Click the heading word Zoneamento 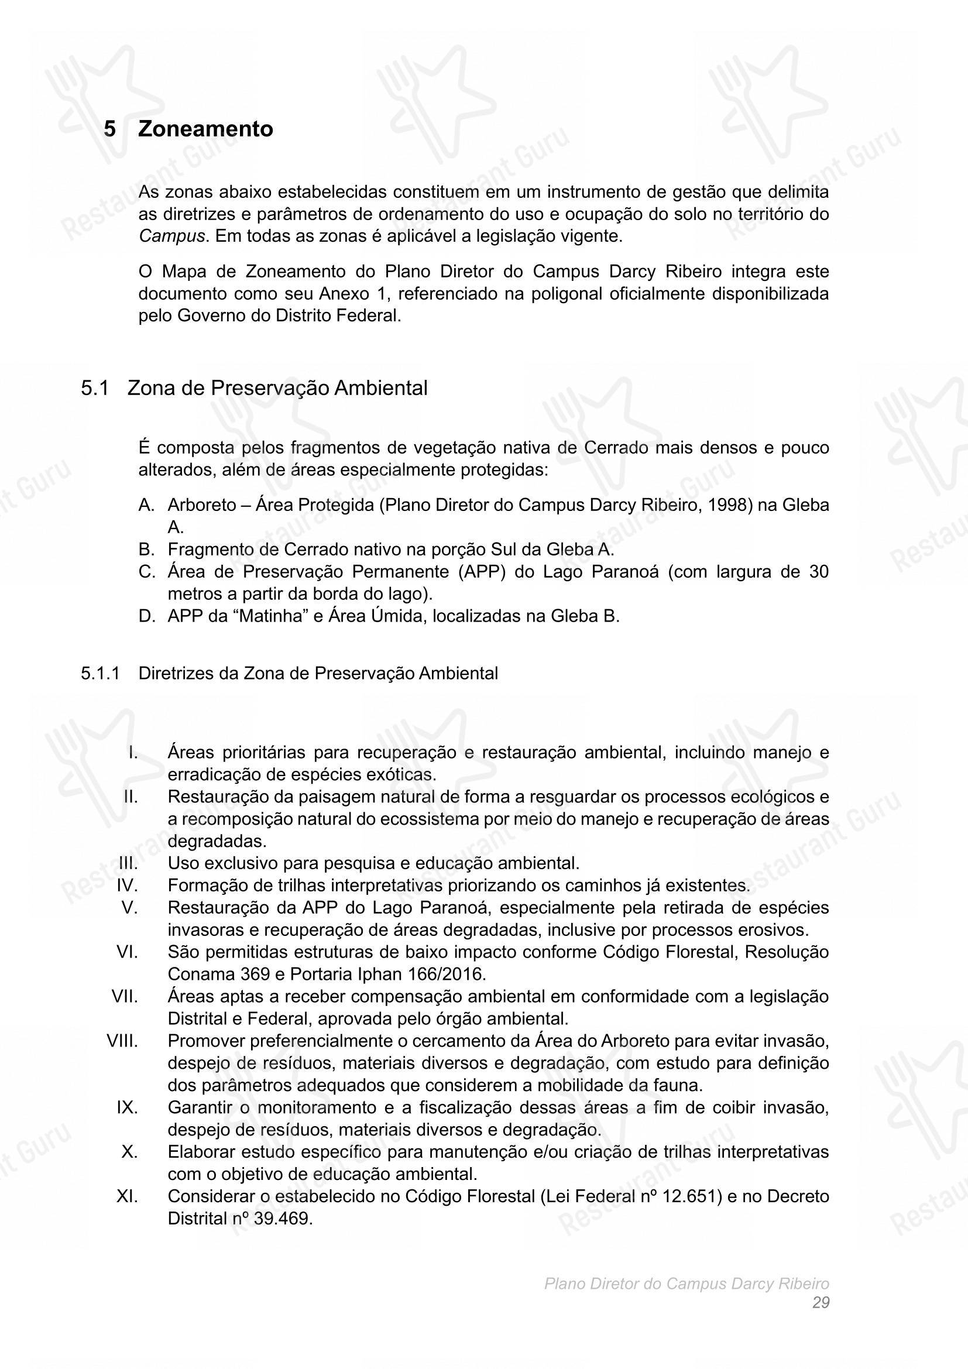tap(205, 129)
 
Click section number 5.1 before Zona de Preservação tap(95, 388)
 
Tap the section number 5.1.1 tap(100, 673)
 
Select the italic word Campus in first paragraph tap(171, 236)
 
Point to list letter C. tap(147, 572)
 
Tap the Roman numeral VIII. tap(122, 1041)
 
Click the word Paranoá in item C tap(624, 572)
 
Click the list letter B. tap(147, 549)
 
